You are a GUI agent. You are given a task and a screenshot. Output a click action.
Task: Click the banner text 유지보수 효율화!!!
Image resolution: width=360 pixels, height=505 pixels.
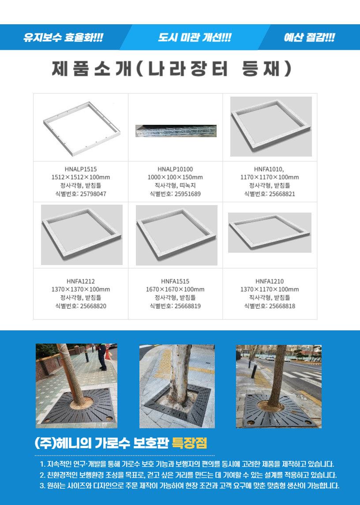63,37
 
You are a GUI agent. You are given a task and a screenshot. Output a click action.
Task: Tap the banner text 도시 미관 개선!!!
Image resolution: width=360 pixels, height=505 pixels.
195,37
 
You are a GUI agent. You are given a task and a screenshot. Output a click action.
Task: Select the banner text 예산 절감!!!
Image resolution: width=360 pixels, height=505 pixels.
309,37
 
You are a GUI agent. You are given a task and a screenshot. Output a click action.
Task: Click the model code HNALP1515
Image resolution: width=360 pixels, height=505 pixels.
81,169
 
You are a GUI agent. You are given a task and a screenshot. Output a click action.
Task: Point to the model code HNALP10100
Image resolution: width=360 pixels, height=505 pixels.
175,169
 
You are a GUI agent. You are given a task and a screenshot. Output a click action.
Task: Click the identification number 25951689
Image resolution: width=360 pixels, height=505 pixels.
187,194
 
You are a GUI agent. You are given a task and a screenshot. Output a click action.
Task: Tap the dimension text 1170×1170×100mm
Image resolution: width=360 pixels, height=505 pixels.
270,177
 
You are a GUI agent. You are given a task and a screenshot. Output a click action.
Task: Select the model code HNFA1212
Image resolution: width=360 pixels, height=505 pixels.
81,281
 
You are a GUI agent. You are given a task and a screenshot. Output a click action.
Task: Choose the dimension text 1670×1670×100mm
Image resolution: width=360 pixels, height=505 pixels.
175,289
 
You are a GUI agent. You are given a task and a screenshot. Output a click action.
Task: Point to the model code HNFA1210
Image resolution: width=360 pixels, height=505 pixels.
270,281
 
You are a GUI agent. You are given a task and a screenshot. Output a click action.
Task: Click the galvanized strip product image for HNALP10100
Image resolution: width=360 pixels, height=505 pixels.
176,131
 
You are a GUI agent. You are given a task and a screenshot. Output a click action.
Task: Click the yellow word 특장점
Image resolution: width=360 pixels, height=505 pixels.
189,444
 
